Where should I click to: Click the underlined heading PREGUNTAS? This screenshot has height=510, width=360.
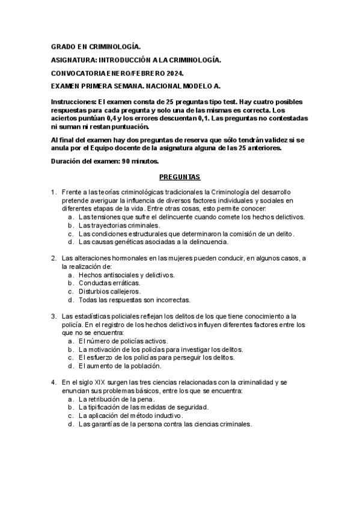[x=180, y=177]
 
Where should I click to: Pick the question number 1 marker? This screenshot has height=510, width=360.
[x=53, y=192]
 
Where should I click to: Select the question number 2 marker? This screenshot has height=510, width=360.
[x=53, y=258]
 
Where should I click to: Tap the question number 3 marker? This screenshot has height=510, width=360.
[x=53, y=316]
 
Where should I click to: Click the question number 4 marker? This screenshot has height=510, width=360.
[x=53, y=382]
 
